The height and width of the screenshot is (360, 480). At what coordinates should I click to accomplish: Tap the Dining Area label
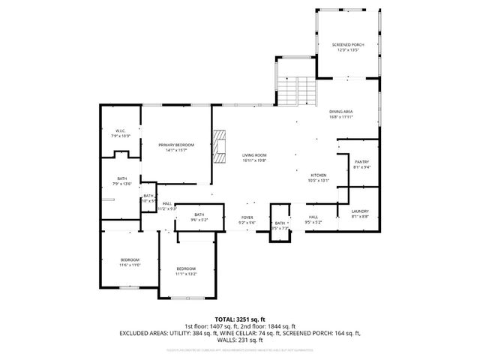[x=341, y=112]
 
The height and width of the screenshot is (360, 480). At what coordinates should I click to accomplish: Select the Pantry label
[x=361, y=161]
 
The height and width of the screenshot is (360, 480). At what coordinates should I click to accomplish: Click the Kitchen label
[x=319, y=175]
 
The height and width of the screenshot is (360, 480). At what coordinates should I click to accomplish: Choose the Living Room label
[x=254, y=155]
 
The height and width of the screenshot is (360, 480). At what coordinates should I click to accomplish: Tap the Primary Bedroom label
[x=176, y=145]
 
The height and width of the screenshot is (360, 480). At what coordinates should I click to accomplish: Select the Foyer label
[x=247, y=217]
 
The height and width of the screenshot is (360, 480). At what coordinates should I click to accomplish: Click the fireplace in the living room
[x=219, y=145]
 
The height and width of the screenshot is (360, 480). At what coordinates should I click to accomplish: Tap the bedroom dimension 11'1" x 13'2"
[x=186, y=274]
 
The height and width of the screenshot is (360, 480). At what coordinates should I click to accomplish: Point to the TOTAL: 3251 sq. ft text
[x=239, y=319]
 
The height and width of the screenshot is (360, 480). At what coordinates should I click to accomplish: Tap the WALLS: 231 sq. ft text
[x=240, y=340]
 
